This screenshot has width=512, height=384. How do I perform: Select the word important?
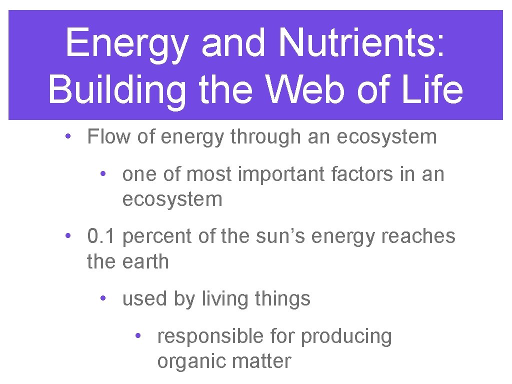tap(273, 174)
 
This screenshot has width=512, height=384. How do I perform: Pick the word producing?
tap(346, 337)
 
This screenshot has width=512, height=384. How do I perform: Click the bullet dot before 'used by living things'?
tap(102, 298)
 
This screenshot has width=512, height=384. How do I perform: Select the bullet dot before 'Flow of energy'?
tap(67, 136)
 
